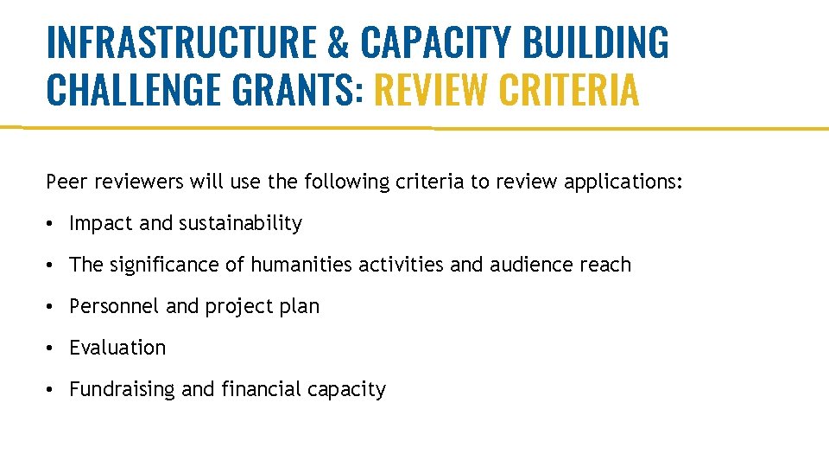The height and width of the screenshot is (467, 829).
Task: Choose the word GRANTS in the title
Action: click(293, 89)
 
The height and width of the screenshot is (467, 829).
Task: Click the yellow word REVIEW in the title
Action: click(431, 89)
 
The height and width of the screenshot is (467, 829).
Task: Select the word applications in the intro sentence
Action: click(621, 182)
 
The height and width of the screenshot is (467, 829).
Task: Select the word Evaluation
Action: click(117, 348)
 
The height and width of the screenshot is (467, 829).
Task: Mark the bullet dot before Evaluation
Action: click(53, 349)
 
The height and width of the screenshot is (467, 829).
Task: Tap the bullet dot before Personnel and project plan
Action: click(53, 307)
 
